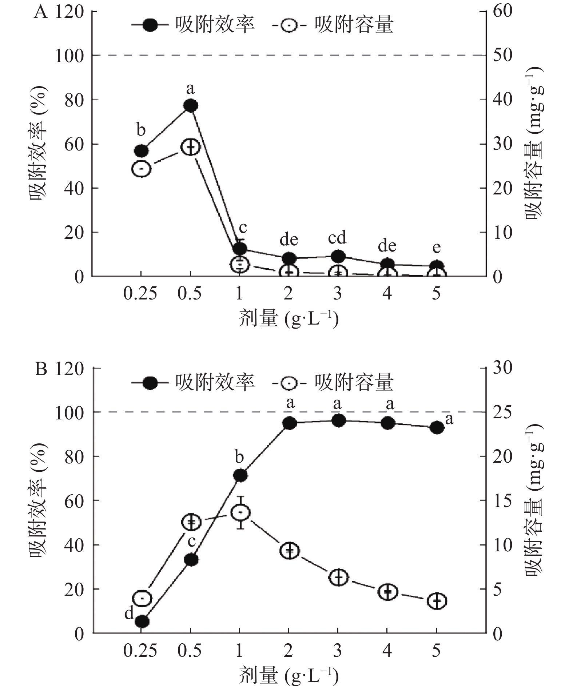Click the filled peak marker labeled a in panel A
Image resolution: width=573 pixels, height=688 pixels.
[x=190, y=106]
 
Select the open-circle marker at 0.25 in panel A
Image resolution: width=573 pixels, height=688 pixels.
[x=141, y=169]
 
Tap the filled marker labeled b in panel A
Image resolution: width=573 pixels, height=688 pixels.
[x=141, y=150]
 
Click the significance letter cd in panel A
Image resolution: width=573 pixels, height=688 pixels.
[x=337, y=238]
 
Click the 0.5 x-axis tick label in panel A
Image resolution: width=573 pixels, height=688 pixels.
[x=190, y=293]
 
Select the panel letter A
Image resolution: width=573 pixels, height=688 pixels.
[x=41, y=12]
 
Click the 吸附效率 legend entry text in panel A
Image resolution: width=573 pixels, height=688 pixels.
[x=215, y=25]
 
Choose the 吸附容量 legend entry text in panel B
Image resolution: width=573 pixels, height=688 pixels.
[x=354, y=382]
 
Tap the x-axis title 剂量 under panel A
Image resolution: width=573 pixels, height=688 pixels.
[x=289, y=319]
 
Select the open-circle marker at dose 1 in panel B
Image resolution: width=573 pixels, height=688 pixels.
[x=239, y=513]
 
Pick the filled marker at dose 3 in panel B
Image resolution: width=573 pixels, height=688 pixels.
[x=338, y=421]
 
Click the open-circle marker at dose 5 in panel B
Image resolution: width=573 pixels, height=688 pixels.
[x=437, y=601]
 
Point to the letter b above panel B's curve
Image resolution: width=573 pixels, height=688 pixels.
[x=239, y=457]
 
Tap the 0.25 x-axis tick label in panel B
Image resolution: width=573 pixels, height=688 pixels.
[x=140, y=651]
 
